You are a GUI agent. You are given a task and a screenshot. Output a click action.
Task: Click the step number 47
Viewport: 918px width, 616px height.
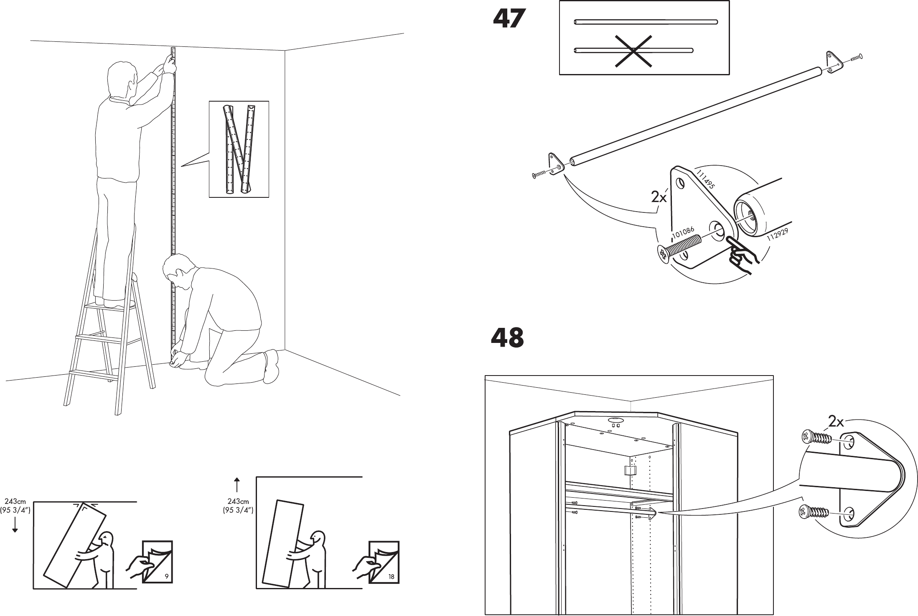pyautogui.click(x=509, y=19)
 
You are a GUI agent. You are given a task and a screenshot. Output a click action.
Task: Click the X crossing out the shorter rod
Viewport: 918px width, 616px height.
pyautogui.click(x=634, y=51)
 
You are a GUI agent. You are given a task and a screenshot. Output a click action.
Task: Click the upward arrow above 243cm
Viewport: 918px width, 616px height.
pyautogui.click(x=237, y=484)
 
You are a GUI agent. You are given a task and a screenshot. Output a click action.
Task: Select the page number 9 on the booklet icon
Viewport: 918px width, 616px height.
pyautogui.click(x=167, y=577)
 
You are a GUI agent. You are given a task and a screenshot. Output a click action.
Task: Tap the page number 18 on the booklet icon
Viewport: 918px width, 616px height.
pyautogui.click(x=391, y=577)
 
